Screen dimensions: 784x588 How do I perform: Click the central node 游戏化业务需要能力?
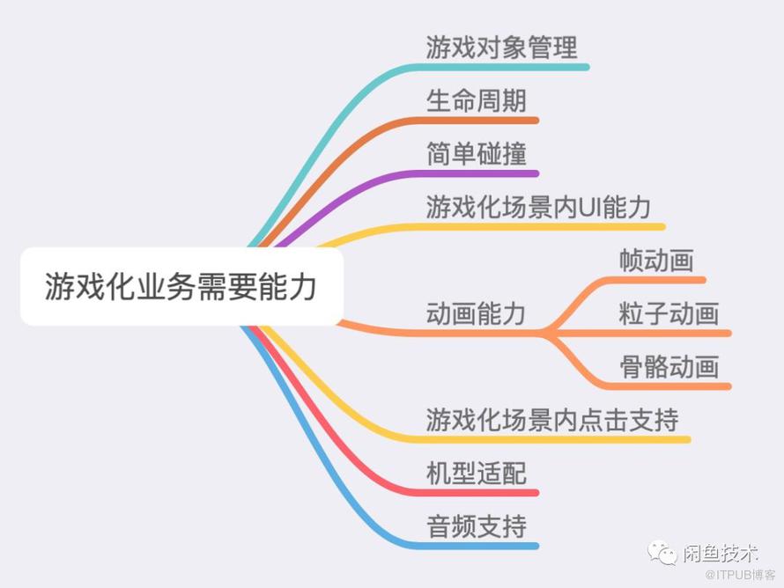tap(181, 286)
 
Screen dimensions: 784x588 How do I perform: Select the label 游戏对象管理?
tap(501, 48)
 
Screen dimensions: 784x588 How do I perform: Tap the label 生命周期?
tap(476, 100)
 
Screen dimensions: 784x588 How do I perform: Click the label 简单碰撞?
tap(476, 153)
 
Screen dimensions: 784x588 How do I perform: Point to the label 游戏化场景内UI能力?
tap(538, 207)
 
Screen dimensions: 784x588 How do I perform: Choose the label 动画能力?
tap(476, 313)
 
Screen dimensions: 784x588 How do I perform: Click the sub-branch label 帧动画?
tap(656, 260)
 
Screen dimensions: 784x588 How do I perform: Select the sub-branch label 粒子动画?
tap(669, 313)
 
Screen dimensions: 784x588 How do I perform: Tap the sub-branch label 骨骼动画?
tap(669, 366)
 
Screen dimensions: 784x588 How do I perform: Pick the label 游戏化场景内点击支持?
tap(552, 420)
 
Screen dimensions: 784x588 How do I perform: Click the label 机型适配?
tap(476, 473)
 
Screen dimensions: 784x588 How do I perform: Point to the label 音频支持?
tap(476, 526)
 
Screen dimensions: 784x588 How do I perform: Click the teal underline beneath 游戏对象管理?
tap(500, 67)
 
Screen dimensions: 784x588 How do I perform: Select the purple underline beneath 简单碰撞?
tap(475, 173)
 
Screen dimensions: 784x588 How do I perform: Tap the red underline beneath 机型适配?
tap(475, 493)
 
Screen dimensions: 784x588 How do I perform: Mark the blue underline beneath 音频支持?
tap(475, 546)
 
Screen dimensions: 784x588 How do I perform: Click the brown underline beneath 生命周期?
tap(475, 120)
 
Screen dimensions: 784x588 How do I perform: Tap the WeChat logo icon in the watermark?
tap(662, 552)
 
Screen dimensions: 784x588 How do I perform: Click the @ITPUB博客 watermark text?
tap(740, 575)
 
